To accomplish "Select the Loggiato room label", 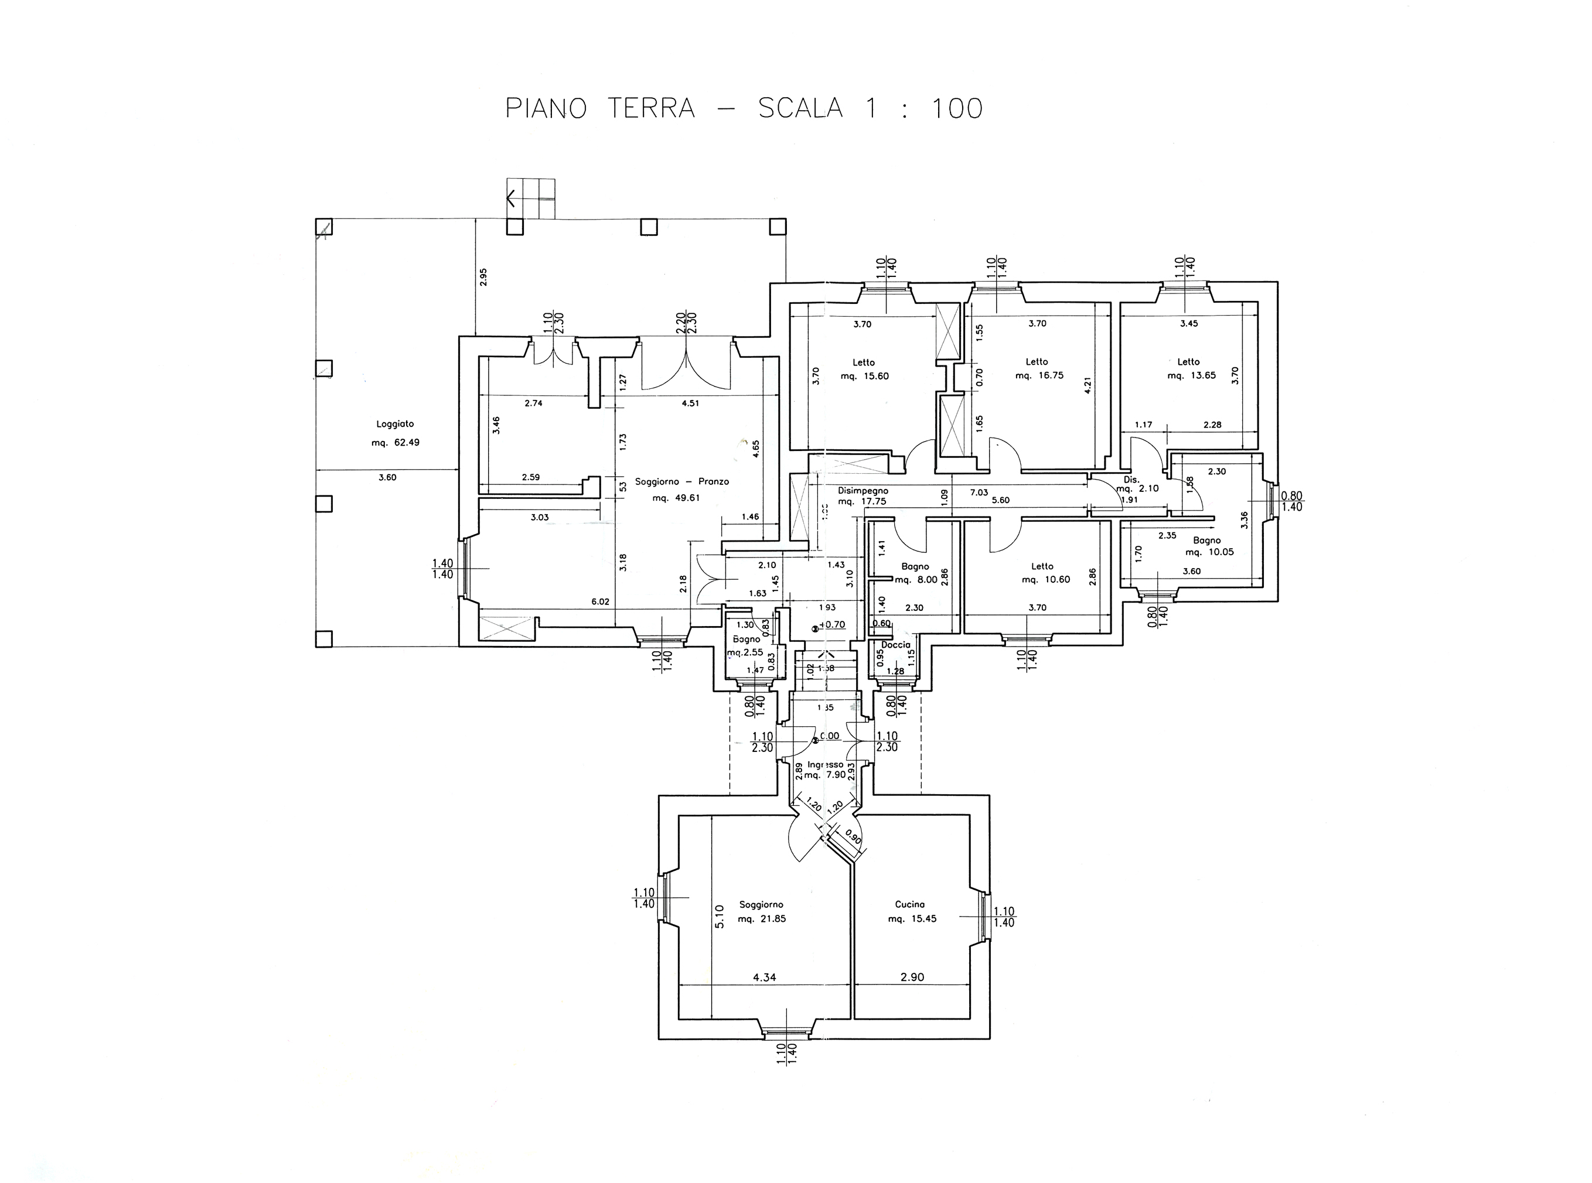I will point(395,424).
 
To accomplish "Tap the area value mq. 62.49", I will point(395,443).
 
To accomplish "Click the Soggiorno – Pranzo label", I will point(681,481).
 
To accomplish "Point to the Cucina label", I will point(909,904).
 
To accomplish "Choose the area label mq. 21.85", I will point(762,919).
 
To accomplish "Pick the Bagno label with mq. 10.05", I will point(1206,541).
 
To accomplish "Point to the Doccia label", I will point(895,644).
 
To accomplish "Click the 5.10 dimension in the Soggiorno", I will point(720,917).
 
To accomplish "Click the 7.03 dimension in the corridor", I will point(978,493).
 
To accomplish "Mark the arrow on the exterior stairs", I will point(511,199).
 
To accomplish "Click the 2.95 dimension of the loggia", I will point(483,276).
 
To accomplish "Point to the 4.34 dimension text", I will point(765,977).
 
